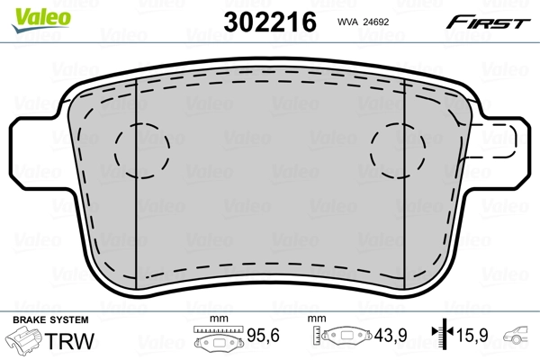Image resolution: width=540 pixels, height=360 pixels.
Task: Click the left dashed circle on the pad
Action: coord(141,148)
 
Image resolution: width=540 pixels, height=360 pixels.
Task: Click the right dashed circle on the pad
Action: coord(399,148)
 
